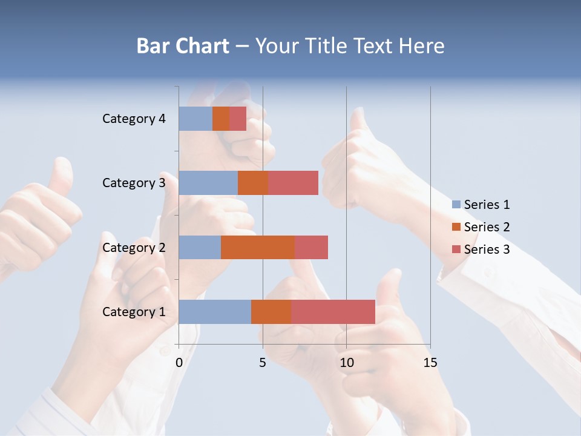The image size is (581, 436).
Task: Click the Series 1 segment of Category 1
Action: pos(215,312)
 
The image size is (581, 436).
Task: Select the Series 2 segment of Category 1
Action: pos(271,312)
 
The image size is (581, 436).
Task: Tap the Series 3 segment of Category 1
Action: pos(333,312)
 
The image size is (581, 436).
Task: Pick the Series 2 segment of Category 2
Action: pos(258,247)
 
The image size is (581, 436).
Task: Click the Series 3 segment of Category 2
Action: pos(311,247)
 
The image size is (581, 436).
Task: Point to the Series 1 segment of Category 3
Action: pos(208,183)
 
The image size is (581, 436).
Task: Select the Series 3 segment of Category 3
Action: pos(293,183)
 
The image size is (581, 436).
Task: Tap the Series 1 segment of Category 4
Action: pos(195,119)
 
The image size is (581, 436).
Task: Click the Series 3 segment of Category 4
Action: pos(238,119)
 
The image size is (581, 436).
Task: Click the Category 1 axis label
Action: pos(134,312)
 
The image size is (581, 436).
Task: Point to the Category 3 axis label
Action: pos(134,183)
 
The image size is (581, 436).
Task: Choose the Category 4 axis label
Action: pos(134,119)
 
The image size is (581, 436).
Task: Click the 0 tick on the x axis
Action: pos(179,363)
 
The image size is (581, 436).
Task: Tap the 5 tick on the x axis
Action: pos(263,363)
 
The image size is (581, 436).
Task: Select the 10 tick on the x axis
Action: pos(346,363)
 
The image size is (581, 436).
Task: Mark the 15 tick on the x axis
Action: pos(430,363)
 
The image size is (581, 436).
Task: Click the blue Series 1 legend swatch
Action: pos(456,205)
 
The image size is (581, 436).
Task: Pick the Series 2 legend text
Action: pos(487,227)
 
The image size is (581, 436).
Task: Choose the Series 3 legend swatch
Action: pos(456,249)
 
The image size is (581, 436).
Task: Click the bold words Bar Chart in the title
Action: pos(183,46)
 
